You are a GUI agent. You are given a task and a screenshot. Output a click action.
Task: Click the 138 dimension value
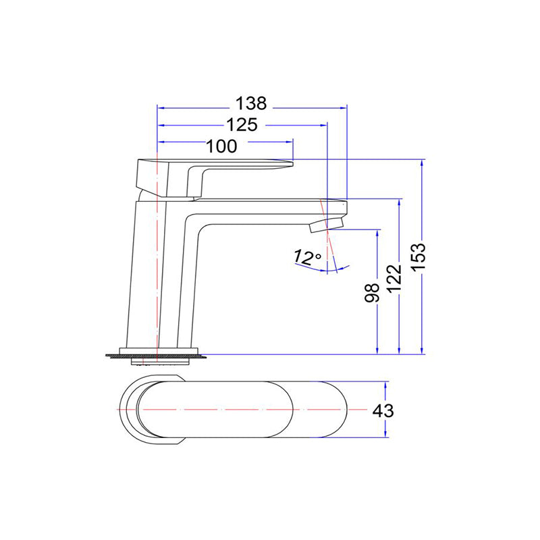click(x=251, y=104)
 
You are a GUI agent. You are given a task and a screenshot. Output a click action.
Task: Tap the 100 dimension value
click(x=222, y=146)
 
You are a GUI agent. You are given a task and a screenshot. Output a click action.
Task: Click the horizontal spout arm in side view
click(x=270, y=208)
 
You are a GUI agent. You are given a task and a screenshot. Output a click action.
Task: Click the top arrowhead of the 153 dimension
click(x=423, y=163)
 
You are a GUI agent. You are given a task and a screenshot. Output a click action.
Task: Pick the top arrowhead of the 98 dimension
click(x=377, y=233)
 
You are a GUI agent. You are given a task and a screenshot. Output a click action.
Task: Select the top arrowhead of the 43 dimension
click(x=385, y=384)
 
